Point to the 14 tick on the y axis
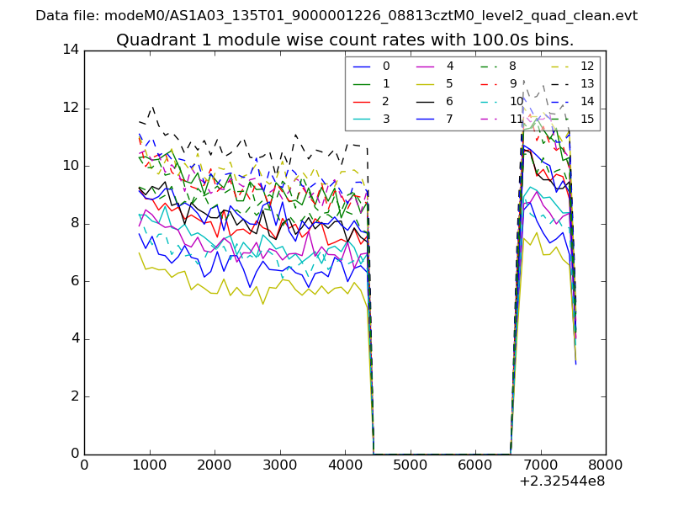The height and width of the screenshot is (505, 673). click(72, 50)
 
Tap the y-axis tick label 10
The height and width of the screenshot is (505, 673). click(72, 166)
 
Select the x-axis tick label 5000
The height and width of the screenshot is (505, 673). click(410, 465)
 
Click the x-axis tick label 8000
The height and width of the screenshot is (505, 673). click(605, 465)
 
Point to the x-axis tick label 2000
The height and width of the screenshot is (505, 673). click(215, 465)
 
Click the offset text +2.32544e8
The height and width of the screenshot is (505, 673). click(562, 481)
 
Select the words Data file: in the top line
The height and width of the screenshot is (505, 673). click(66, 16)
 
